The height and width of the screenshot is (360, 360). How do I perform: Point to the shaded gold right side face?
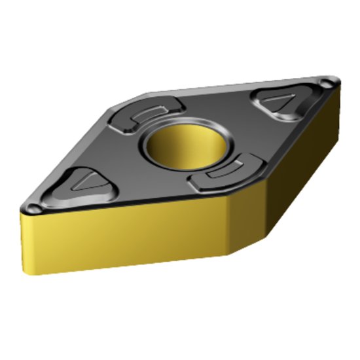click(x=288, y=164)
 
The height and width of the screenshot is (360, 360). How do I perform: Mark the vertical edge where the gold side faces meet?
click(x=227, y=226)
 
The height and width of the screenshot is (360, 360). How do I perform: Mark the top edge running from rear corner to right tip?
click(x=236, y=85)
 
